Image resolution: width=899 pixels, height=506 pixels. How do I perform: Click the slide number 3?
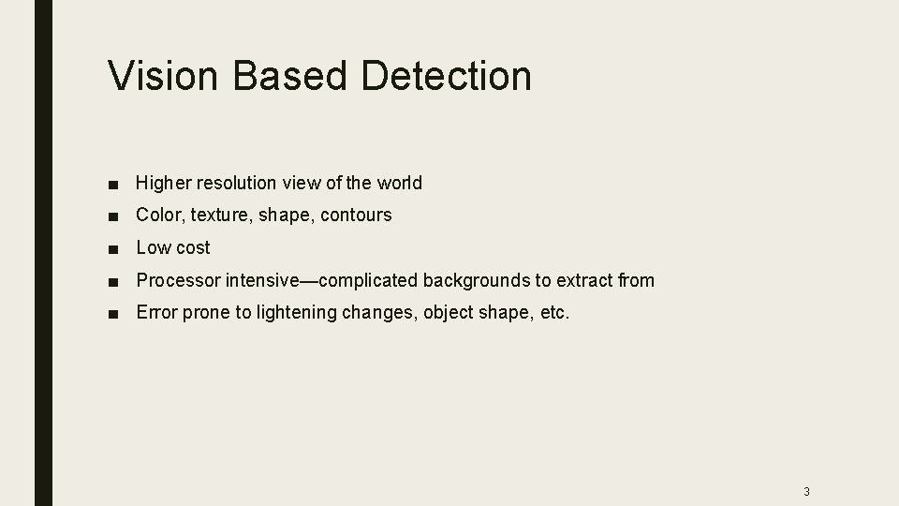pos(806,491)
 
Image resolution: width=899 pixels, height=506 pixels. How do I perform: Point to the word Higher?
pos(162,183)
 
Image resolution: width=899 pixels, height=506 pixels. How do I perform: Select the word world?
pos(400,183)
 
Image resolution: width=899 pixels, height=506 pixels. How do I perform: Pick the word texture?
pos(214,215)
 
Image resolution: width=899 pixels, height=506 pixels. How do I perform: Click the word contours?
pos(356,215)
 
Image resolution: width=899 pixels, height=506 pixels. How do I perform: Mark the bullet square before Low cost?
pos(112,248)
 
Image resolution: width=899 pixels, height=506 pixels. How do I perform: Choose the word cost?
pos(192,247)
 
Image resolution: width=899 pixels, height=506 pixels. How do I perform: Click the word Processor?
pos(178,280)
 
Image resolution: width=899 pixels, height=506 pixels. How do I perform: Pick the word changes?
pos(382,313)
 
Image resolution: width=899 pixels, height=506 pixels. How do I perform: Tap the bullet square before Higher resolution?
pos(112,184)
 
